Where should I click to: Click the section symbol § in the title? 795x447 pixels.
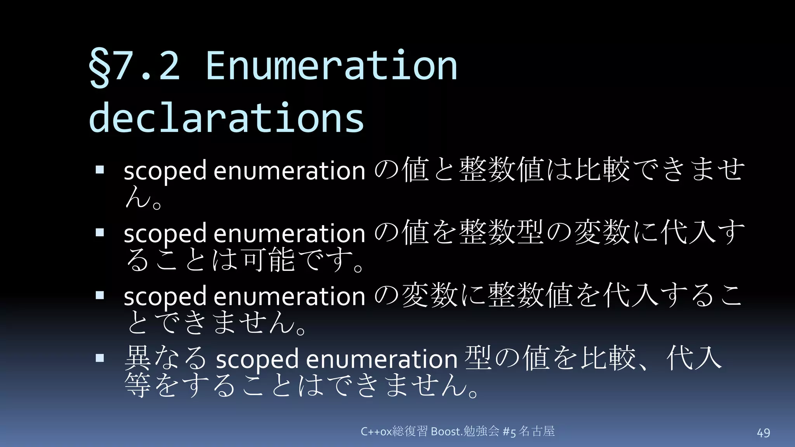(x=99, y=67)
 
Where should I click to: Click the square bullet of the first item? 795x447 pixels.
(x=100, y=170)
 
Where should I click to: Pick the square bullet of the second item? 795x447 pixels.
(x=100, y=232)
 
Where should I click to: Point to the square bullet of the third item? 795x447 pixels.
(x=100, y=295)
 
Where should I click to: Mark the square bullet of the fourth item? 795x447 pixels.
(x=100, y=358)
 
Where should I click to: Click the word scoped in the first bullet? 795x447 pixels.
(x=165, y=171)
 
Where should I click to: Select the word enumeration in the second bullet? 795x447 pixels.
(x=289, y=234)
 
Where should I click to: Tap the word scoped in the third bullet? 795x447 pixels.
(x=165, y=296)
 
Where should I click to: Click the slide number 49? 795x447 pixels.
(x=764, y=433)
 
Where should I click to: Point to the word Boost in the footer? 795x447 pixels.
(x=446, y=431)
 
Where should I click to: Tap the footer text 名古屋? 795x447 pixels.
(x=537, y=431)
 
